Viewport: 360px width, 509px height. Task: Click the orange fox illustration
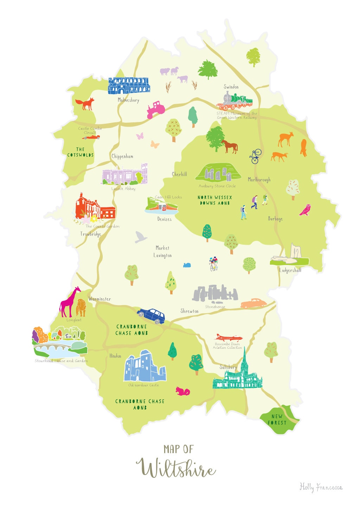point(85,104)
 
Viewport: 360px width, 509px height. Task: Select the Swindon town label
point(231,87)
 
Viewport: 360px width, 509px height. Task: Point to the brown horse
point(230,146)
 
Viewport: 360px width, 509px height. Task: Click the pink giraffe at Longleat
point(69,302)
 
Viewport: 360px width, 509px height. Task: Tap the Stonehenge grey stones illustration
point(215,294)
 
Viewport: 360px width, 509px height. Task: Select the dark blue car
point(151,315)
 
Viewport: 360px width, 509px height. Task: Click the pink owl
point(305,210)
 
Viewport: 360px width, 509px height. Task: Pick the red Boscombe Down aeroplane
point(229,338)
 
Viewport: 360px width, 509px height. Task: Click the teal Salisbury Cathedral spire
point(244,359)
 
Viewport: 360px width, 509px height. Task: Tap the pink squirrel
point(183,391)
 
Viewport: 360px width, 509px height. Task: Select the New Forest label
point(277,420)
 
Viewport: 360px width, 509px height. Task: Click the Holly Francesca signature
point(321,487)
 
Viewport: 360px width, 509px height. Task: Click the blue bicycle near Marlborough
point(256,156)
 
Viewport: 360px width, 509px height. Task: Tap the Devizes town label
point(164,219)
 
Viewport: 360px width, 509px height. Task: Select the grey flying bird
point(141,237)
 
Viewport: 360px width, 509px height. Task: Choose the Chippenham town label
point(122,156)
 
